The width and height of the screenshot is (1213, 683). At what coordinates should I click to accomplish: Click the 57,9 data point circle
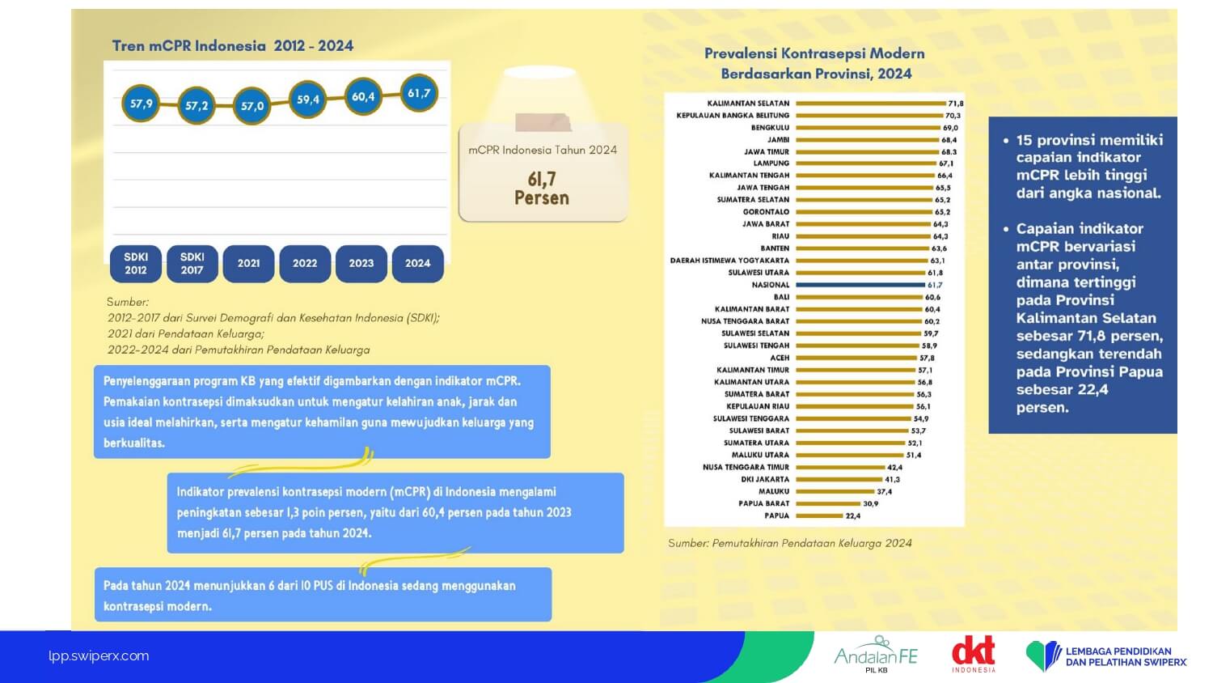[x=141, y=104]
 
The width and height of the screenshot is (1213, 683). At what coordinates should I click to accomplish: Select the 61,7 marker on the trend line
[x=419, y=93]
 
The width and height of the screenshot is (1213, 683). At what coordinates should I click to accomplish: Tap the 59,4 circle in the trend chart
[x=308, y=100]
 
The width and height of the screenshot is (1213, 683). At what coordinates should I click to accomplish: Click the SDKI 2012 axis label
[x=136, y=263]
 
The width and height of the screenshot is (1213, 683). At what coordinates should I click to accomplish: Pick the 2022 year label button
[x=305, y=263]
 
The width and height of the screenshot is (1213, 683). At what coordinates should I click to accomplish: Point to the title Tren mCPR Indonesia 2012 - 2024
[x=233, y=46]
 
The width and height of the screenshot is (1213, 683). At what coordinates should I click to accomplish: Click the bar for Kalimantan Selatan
[x=870, y=104]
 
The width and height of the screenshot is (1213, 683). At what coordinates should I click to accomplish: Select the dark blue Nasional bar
[x=860, y=285]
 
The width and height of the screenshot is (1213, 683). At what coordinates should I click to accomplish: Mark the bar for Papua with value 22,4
[x=819, y=515]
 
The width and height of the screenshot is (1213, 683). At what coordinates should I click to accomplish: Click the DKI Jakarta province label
[x=765, y=479]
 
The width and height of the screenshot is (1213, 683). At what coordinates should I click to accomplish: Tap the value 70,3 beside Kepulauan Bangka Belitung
[x=953, y=116]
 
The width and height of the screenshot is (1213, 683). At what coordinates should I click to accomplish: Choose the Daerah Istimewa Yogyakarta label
[x=729, y=261]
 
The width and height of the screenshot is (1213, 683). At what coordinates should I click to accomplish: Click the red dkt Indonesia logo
[x=973, y=654]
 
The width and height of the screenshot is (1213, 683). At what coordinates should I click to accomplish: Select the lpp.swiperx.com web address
[x=99, y=656]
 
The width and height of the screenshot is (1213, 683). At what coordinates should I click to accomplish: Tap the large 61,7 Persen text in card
[x=542, y=188]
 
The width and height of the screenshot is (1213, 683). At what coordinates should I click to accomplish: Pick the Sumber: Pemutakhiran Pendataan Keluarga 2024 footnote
[x=789, y=543]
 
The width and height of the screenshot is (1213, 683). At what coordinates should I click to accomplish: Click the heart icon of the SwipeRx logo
[x=1042, y=655]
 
